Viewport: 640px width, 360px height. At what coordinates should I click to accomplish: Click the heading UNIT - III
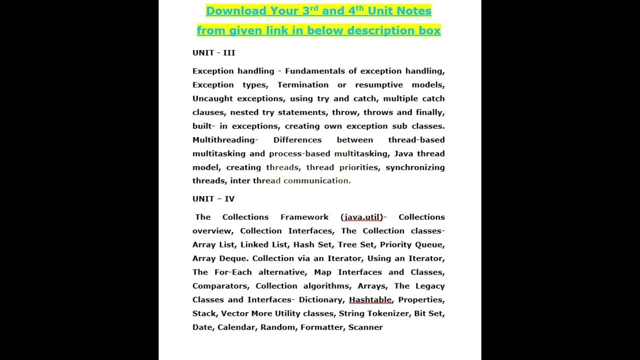click(213, 52)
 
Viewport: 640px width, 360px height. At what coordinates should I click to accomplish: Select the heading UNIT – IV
click(213, 198)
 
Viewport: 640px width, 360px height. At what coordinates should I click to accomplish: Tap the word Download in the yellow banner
click(236, 11)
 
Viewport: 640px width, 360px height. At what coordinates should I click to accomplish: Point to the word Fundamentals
click(315, 71)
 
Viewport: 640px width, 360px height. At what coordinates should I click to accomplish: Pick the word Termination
click(303, 85)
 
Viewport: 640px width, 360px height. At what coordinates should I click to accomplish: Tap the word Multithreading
click(223, 140)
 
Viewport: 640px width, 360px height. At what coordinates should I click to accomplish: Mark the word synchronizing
click(415, 167)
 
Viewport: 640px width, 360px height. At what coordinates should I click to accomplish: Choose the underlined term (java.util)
click(362, 217)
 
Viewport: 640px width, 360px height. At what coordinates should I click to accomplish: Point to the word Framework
click(304, 217)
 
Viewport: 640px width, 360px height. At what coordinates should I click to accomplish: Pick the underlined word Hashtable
click(370, 299)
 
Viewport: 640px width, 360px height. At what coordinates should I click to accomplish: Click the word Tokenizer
click(388, 313)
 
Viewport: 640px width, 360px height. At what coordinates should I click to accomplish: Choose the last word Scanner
click(365, 327)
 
